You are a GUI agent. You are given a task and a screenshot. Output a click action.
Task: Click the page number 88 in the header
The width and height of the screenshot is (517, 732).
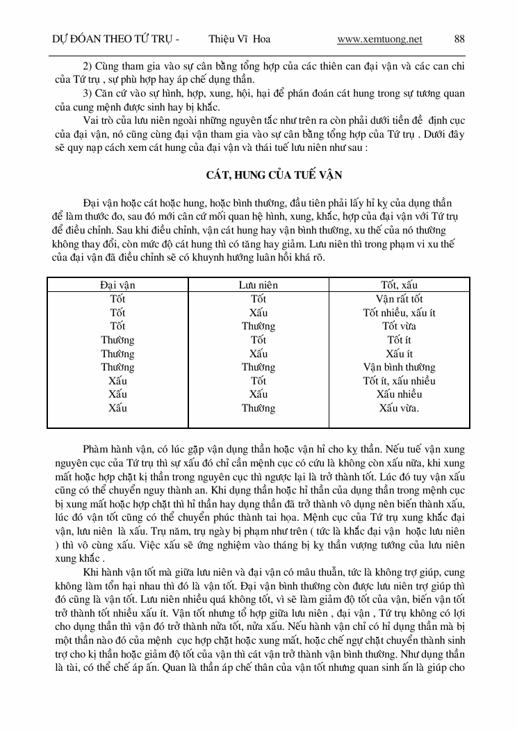459,40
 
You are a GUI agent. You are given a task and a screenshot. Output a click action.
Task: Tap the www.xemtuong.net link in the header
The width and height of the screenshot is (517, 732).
379,40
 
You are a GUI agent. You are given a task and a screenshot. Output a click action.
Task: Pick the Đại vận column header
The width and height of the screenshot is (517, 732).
118,285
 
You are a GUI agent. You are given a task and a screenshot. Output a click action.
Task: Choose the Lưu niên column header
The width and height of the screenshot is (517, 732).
258,285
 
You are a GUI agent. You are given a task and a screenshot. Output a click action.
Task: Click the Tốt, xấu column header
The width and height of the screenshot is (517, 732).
399,285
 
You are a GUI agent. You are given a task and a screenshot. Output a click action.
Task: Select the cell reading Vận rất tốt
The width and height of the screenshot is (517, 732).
399,299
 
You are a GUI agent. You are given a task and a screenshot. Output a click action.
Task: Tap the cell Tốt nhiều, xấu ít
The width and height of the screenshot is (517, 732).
399,313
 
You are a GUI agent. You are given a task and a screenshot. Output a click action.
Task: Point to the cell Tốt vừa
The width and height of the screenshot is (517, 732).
399,326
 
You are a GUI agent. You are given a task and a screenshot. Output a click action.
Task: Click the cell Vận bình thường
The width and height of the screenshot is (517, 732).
399,367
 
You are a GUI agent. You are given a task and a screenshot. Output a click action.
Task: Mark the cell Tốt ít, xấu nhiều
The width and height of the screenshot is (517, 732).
399,381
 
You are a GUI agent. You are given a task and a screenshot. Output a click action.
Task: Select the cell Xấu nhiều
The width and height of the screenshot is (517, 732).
399,394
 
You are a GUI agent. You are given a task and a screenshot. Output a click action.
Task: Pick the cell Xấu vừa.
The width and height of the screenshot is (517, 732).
399,408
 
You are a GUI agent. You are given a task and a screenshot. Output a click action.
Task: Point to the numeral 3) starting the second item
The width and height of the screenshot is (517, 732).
88,93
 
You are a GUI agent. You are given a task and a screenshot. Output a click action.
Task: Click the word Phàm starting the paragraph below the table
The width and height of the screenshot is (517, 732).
97,449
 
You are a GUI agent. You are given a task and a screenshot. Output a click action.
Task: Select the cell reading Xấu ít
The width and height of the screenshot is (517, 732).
399,354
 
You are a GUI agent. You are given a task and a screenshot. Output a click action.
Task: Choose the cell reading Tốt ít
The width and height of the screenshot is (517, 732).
399,340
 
